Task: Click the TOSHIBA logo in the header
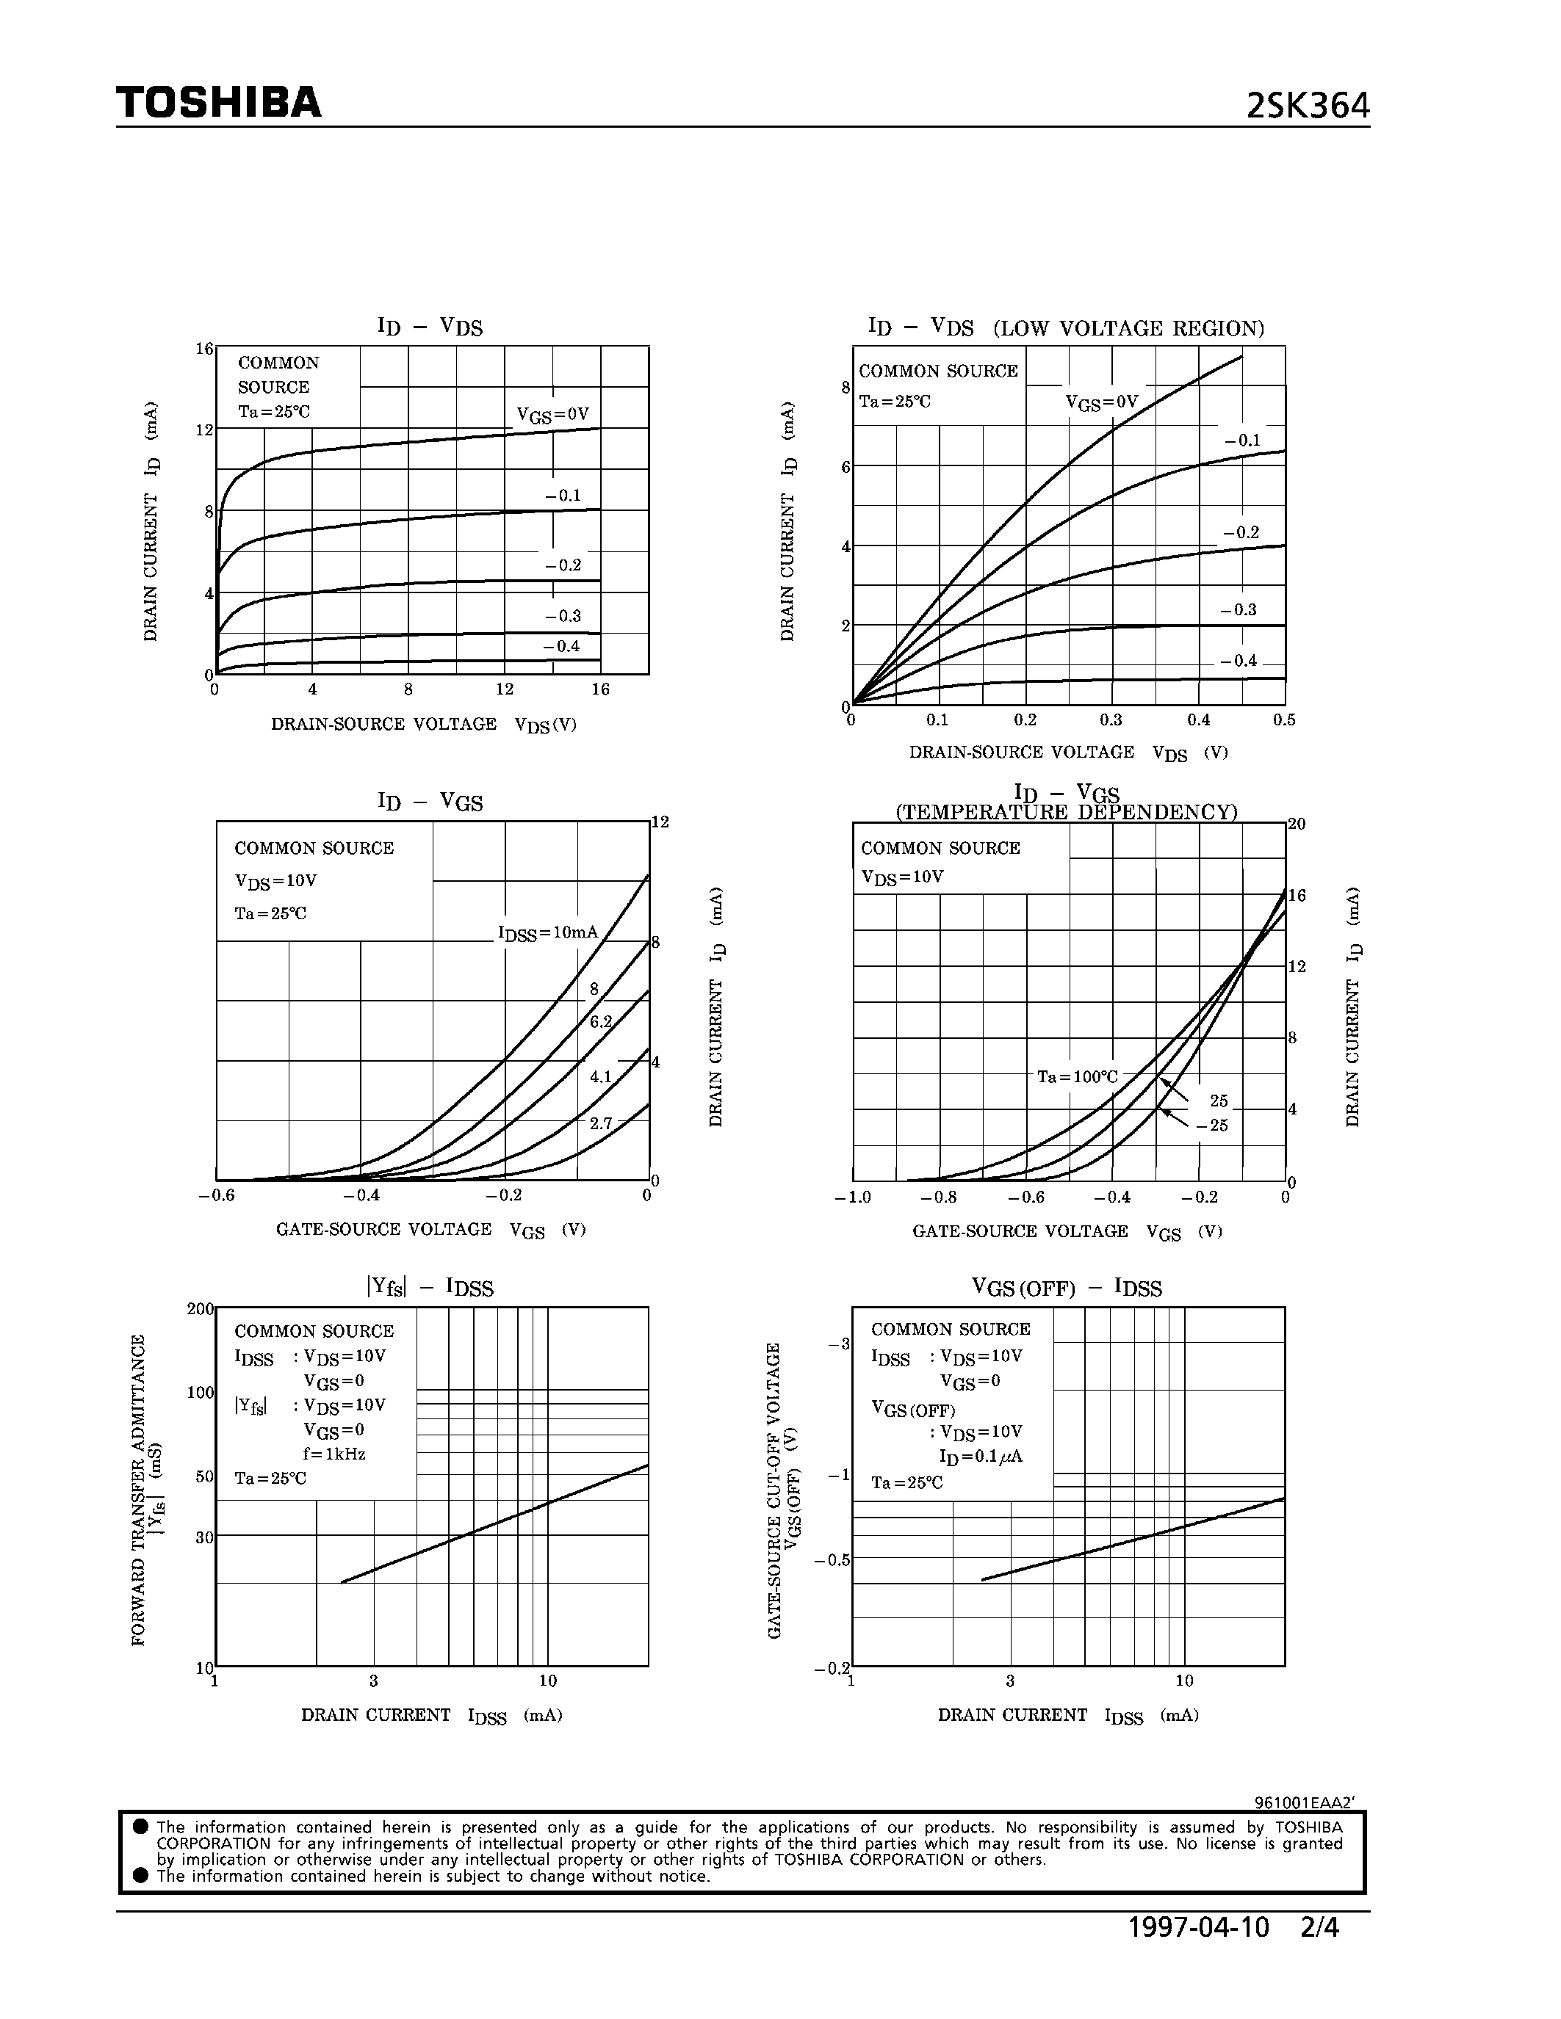pos(218,103)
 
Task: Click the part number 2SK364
pos(1307,107)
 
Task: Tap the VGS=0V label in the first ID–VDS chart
pos(552,414)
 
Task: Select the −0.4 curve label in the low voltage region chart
pos(1239,661)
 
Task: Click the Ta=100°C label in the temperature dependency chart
pos(1078,1077)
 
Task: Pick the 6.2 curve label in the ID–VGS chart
pos(601,1021)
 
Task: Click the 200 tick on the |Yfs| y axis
pos(200,1309)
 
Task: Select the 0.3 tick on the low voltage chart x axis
pos(1111,720)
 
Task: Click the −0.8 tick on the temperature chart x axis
pos(939,1197)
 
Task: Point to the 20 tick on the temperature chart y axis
pos(1297,824)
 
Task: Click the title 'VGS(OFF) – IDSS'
pos(1066,1288)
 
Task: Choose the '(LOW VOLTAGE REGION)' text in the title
pos(1128,328)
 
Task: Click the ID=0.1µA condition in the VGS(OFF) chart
pos(980,1457)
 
